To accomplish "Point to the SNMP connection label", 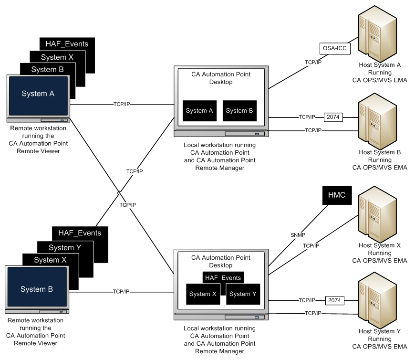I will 298,235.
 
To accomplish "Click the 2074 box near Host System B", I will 333,116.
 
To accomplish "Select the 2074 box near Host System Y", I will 333,300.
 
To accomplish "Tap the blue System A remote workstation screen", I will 38,95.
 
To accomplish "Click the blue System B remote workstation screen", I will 36,289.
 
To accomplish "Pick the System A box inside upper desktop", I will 199,111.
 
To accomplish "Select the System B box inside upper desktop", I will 239,111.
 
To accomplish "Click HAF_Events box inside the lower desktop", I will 223,277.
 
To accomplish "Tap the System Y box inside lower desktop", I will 243,294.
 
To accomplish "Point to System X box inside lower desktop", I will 203,294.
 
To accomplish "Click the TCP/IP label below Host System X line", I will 311,245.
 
